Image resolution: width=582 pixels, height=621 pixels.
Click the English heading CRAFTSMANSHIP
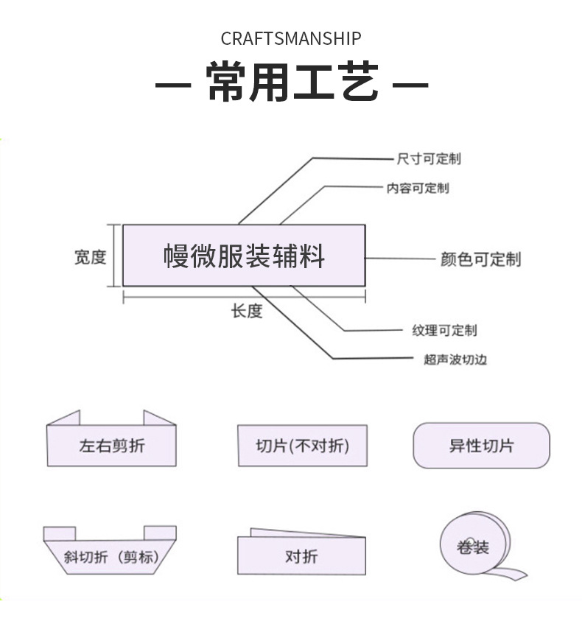[x=291, y=38]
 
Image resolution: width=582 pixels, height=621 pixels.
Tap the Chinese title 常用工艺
[x=292, y=82]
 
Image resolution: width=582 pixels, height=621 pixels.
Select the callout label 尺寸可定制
[x=429, y=158]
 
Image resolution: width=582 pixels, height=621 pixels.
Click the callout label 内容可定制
[x=418, y=188]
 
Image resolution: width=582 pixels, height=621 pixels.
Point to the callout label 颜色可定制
[x=480, y=259]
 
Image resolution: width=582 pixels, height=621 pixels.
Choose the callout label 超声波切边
[x=455, y=359]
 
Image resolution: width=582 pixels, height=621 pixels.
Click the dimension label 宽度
[x=90, y=257]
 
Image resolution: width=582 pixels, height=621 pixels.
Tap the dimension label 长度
[x=246, y=312]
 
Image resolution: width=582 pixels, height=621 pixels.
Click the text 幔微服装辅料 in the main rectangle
[x=244, y=256]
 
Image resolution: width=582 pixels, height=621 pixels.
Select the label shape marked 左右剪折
[x=111, y=445]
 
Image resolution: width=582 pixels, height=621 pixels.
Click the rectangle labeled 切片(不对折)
[x=302, y=446]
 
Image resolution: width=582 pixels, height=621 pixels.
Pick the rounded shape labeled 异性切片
[x=481, y=446]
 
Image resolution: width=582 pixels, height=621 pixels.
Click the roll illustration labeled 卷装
[x=474, y=547]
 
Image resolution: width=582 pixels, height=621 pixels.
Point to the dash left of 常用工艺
[x=172, y=84]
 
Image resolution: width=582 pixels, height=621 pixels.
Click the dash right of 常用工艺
[x=410, y=84]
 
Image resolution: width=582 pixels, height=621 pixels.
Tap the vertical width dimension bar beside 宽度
[x=115, y=255]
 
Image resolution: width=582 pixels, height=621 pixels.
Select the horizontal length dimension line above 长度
[x=244, y=295]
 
